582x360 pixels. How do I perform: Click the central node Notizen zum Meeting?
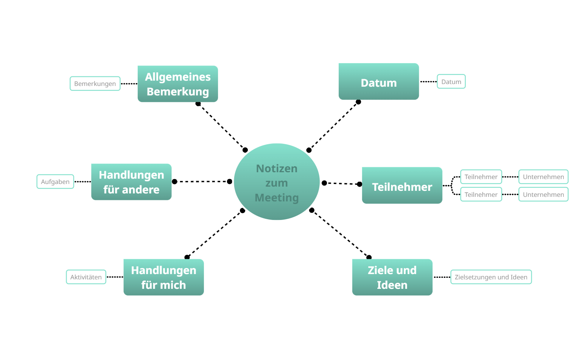pos(277,182)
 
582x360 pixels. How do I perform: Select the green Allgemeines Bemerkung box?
pos(177,84)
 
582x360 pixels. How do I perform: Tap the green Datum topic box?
pos(378,81)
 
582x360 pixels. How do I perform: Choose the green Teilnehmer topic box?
pos(402,185)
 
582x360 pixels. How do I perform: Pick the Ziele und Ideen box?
pos(392,277)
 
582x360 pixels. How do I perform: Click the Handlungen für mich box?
pos(163,277)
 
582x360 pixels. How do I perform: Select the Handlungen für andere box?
pos(131,182)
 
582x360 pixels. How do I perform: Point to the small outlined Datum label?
pos(451,81)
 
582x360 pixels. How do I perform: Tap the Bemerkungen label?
pos(95,84)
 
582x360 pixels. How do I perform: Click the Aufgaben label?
pos(55,182)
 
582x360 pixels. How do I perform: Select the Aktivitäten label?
pos(86,277)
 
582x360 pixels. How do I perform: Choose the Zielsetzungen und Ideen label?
pos(491,277)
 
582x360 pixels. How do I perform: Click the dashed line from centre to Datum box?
pos(334,126)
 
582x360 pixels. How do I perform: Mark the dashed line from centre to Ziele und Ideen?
pos(340,234)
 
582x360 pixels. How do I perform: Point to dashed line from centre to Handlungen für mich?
pos(215,234)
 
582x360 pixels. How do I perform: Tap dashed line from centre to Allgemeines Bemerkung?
pos(221,126)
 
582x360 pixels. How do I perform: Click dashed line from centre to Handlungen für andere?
pos(202,182)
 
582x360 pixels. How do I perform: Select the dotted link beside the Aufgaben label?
pos(82,182)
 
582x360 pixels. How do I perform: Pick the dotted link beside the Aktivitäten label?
pos(115,277)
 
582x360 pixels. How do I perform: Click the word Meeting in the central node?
pos(277,198)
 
